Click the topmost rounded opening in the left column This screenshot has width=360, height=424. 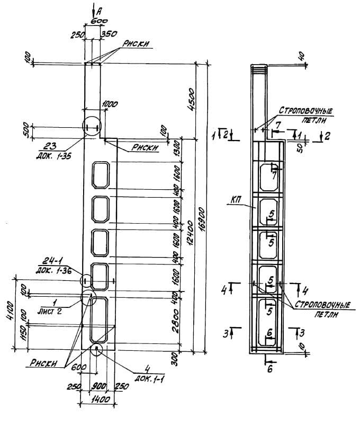click(101, 174)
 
